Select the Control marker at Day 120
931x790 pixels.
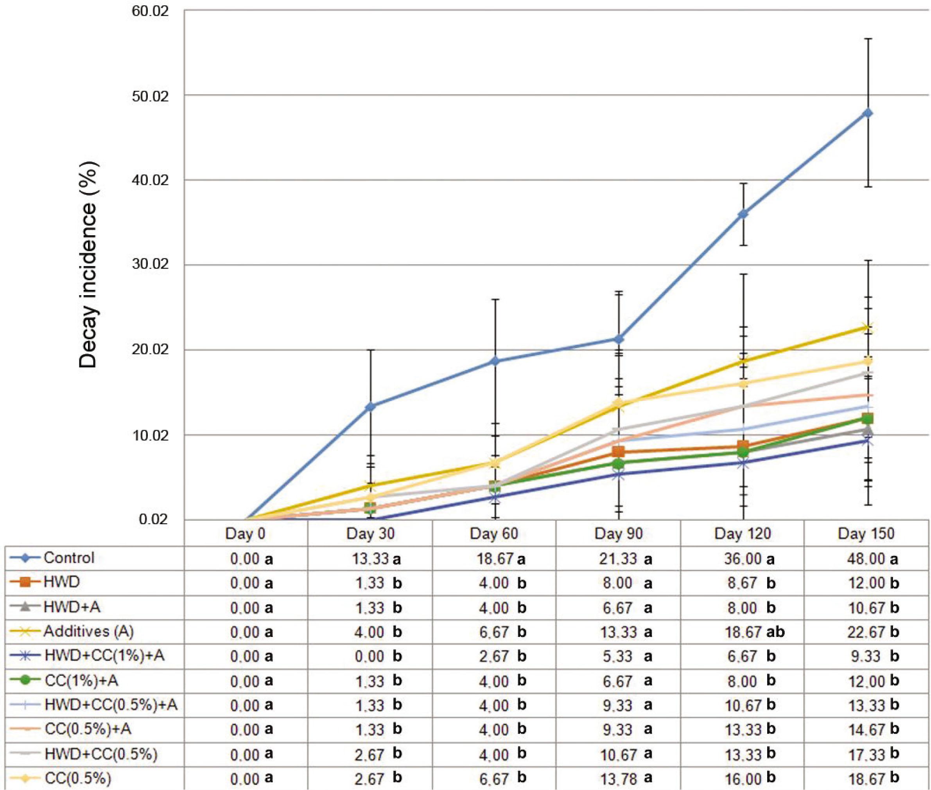click(x=743, y=214)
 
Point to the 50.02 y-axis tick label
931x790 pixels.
click(x=150, y=96)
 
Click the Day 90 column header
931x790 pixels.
click(x=618, y=533)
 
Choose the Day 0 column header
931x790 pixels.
click(x=245, y=533)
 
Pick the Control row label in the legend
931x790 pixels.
click(x=69, y=557)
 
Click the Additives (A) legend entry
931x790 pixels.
click(x=88, y=631)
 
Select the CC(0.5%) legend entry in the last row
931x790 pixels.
click(x=77, y=778)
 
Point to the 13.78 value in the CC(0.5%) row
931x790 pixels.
click(x=618, y=779)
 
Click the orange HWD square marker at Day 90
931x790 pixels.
click(x=618, y=451)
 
